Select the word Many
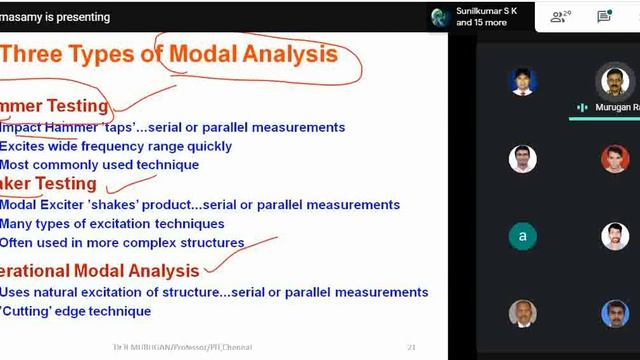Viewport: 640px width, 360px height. (x=18, y=223)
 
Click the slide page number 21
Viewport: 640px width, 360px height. (x=411, y=348)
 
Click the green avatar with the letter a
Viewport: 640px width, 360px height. (x=522, y=237)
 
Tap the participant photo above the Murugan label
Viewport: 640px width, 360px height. (x=615, y=80)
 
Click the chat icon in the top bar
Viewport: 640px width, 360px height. (x=604, y=16)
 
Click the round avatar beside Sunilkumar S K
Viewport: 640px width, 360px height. (x=438, y=16)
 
